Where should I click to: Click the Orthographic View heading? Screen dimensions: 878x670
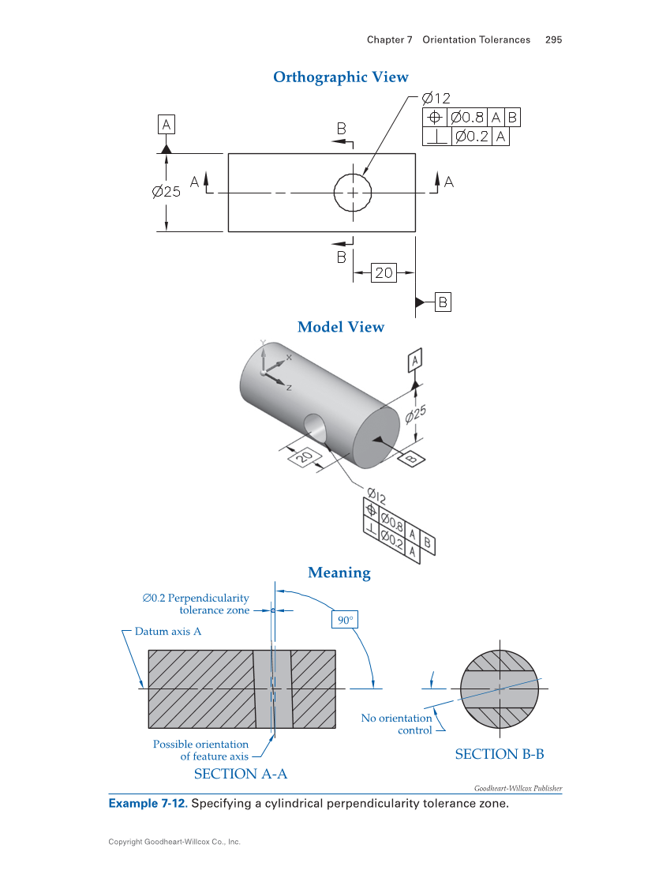(341, 77)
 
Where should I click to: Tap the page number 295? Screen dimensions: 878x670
(553, 39)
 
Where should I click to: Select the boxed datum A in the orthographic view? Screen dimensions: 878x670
(166, 124)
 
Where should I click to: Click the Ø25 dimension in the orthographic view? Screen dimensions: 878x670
(167, 191)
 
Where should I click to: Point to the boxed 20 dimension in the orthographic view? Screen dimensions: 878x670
(384, 272)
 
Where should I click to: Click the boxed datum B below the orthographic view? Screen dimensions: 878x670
(443, 302)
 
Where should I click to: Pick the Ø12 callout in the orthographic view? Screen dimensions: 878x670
(436, 99)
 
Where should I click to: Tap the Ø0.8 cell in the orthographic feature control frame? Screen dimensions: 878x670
(467, 118)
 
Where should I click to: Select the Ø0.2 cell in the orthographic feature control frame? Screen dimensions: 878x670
(472, 137)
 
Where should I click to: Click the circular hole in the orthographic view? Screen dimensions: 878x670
(352, 192)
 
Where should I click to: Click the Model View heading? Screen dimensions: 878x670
(341, 327)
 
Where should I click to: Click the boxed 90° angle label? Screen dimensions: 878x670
(345, 621)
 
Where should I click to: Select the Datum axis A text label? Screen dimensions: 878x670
(168, 632)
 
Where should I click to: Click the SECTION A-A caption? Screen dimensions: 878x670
(241, 774)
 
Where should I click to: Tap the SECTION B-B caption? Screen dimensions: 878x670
(500, 754)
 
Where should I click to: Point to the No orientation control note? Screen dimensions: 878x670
(397, 724)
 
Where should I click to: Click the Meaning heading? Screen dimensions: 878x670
(339, 572)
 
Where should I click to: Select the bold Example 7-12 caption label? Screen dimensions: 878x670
(147, 804)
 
